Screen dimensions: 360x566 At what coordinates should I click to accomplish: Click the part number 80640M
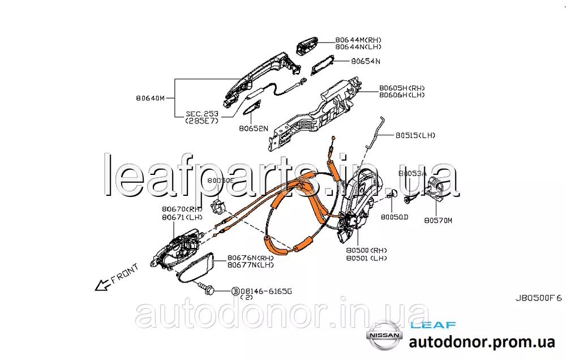(150, 98)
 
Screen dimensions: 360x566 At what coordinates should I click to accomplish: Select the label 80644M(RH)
(358, 40)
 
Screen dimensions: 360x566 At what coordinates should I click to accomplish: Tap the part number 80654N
(365, 61)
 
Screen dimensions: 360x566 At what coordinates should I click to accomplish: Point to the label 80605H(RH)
(402, 88)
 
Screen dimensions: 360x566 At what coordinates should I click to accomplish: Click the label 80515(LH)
(416, 135)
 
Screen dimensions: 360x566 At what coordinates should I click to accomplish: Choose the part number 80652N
(253, 128)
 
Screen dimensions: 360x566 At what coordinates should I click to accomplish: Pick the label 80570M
(439, 220)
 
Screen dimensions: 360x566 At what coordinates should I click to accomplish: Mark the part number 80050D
(394, 217)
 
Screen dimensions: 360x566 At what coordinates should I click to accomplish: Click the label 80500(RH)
(367, 249)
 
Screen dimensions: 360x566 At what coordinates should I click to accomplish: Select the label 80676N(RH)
(251, 257)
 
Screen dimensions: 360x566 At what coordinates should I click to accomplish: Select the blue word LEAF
(433, 325)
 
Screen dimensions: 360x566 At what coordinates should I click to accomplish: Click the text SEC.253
(202, 114)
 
